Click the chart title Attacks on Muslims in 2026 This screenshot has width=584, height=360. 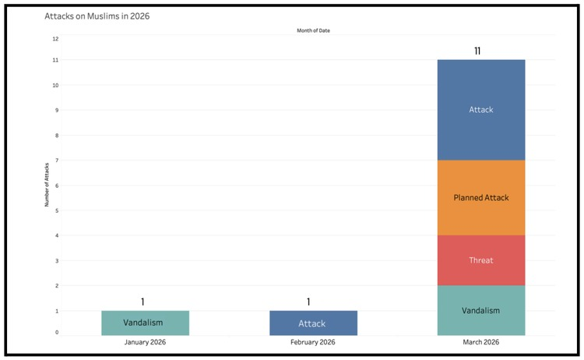[x=97, y=16]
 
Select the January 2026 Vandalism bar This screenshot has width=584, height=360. [x=146, y=323]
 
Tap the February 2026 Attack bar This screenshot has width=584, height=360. [x=313, y=323]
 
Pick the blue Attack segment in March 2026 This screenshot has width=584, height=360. [x=481, y=110]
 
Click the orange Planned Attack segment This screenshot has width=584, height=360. [x=481, y=197]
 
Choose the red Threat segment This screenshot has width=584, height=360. [x=481, y=260]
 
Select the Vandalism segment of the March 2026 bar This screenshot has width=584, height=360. [x=481, y=310]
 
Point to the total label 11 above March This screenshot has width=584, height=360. [x=477, y=51]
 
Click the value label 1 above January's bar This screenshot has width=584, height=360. [x=142, y=302]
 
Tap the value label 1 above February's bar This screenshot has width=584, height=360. [x=308, y=302]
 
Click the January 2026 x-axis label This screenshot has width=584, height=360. [x=146, y=342]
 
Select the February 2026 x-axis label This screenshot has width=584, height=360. [x=313, y=342]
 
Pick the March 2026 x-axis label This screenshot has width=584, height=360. [x=481, y=342]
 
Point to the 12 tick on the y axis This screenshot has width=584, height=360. [x=55, y=39]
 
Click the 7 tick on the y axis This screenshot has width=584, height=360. [x=57, y=161]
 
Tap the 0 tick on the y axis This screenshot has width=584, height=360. [x=57, y=333]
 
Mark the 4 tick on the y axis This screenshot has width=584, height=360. [x=57, y=235]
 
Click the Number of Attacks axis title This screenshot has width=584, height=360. [x=47, y=185]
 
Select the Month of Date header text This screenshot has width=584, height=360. [x=313, y=30]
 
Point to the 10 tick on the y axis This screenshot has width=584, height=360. [x=55, y=85]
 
